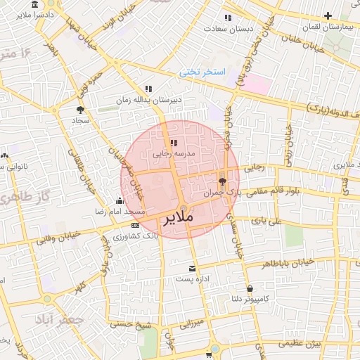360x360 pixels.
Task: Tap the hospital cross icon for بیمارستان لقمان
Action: [x=328, y=15]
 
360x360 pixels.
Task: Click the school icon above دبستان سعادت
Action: [x=227, y=18]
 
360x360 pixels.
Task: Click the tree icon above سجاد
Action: [x=80, y=110]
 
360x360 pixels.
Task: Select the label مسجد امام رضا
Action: [x=121, y=212]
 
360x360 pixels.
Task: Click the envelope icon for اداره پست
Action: [x=192, y=269]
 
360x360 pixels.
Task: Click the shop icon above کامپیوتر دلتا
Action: [x=250, y=288]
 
